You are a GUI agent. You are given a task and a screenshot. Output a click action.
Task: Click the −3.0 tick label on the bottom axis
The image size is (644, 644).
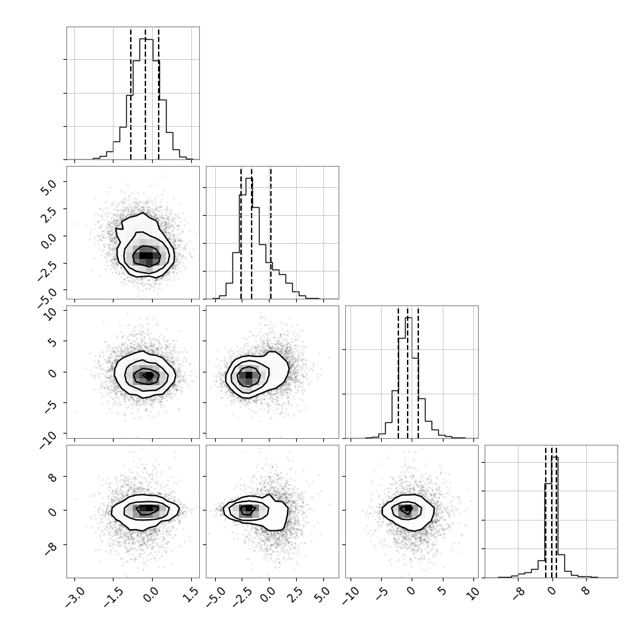(75, 598)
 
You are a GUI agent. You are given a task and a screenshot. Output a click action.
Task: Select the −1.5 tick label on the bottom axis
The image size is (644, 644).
(114, 598)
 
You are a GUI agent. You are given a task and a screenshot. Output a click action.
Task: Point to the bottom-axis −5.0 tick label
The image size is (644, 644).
(215, 598)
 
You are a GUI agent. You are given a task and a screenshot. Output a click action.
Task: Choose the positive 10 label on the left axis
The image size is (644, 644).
(50, 314)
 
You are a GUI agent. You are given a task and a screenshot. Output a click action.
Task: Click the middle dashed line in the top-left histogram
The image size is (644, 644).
(145, 93)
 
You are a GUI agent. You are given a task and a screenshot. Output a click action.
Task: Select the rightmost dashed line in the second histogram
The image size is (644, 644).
(271, 232)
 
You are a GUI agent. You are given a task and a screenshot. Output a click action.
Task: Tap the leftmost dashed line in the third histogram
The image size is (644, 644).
(398, 372)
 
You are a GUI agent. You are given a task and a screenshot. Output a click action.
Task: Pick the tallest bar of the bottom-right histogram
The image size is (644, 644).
(555, 517)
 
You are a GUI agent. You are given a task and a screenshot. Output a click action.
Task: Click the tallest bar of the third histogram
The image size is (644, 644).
(408, 378)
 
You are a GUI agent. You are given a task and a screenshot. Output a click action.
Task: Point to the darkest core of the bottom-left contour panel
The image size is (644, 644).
(149, 508)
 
